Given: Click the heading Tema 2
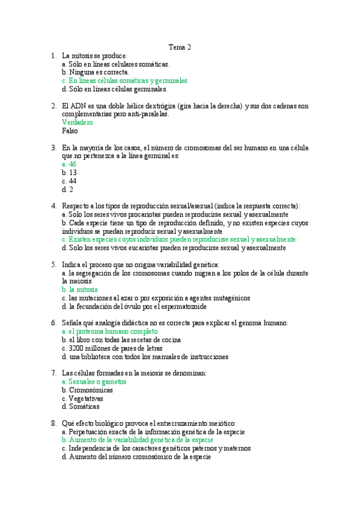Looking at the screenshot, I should pyautogui.click(x=180, y=47).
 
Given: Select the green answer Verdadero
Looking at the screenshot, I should pyautogui.click(x=77, y=122).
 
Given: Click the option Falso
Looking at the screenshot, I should pyautogui.click(x=70, y=131).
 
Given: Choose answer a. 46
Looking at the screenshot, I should pyautogui.click(x=69, y=164).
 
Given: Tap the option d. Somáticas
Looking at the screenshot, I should pyautogui.click(x=82, y=407).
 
